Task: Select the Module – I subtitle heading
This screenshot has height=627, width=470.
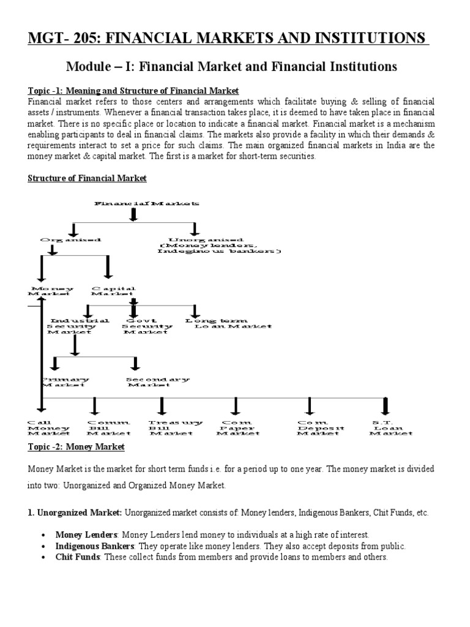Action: click(231, 66)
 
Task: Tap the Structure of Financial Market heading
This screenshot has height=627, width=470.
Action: click(88, 178)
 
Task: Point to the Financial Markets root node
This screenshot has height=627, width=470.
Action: click(146, 203)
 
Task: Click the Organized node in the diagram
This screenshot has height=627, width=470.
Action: click(70, 240)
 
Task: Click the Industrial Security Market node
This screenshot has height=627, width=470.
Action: click(79, 326)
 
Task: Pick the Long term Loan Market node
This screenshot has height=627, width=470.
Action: click(228, 323)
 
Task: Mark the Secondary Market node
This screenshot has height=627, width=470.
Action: click(157, 382)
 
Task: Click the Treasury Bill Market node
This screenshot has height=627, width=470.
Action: click(175, 427)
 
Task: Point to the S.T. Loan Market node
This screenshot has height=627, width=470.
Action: click(390, 427)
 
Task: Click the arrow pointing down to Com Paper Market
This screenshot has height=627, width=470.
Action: click(236, 405)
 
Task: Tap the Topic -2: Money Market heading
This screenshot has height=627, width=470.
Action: click(76, 447)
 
